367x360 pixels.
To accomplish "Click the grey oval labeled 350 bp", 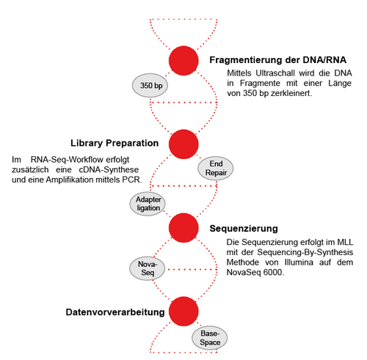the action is [150, 86].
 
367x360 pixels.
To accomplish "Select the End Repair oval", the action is [215, 168].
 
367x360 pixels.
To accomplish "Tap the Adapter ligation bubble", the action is [148, 204].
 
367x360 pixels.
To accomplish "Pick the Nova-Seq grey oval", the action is [147, 268].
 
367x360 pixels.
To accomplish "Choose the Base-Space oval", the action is [210, 338].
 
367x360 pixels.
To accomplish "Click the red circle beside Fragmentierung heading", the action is [183, 61].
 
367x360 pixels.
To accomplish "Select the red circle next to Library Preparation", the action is [183, 144].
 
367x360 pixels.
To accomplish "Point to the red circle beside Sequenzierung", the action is [183, 227].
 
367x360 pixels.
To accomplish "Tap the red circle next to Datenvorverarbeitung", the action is [183, 312].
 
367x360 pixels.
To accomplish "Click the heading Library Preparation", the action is [115, 143].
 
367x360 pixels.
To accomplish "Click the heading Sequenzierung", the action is [244, 229].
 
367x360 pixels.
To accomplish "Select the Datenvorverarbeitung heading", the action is [115, 312].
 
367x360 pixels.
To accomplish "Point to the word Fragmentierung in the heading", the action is [246, 60].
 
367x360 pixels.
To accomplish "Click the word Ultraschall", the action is [275, 73].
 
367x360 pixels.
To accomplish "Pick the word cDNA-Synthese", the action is [109, 169].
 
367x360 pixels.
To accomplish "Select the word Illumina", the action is [299, 262].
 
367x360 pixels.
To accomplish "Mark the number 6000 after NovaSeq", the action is [274, 273].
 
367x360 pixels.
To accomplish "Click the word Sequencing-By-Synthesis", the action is [305, 252].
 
